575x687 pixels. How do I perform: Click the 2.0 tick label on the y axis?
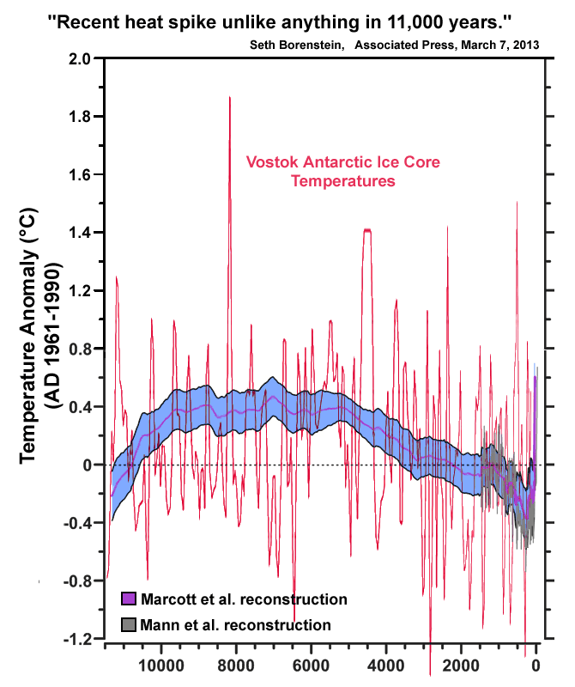78,58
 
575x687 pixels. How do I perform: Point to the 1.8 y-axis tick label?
78,117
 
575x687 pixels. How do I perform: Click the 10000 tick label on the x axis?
160,664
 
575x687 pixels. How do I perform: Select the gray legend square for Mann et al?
126,625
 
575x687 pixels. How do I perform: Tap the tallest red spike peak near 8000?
230,98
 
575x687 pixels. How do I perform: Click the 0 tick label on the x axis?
536,664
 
